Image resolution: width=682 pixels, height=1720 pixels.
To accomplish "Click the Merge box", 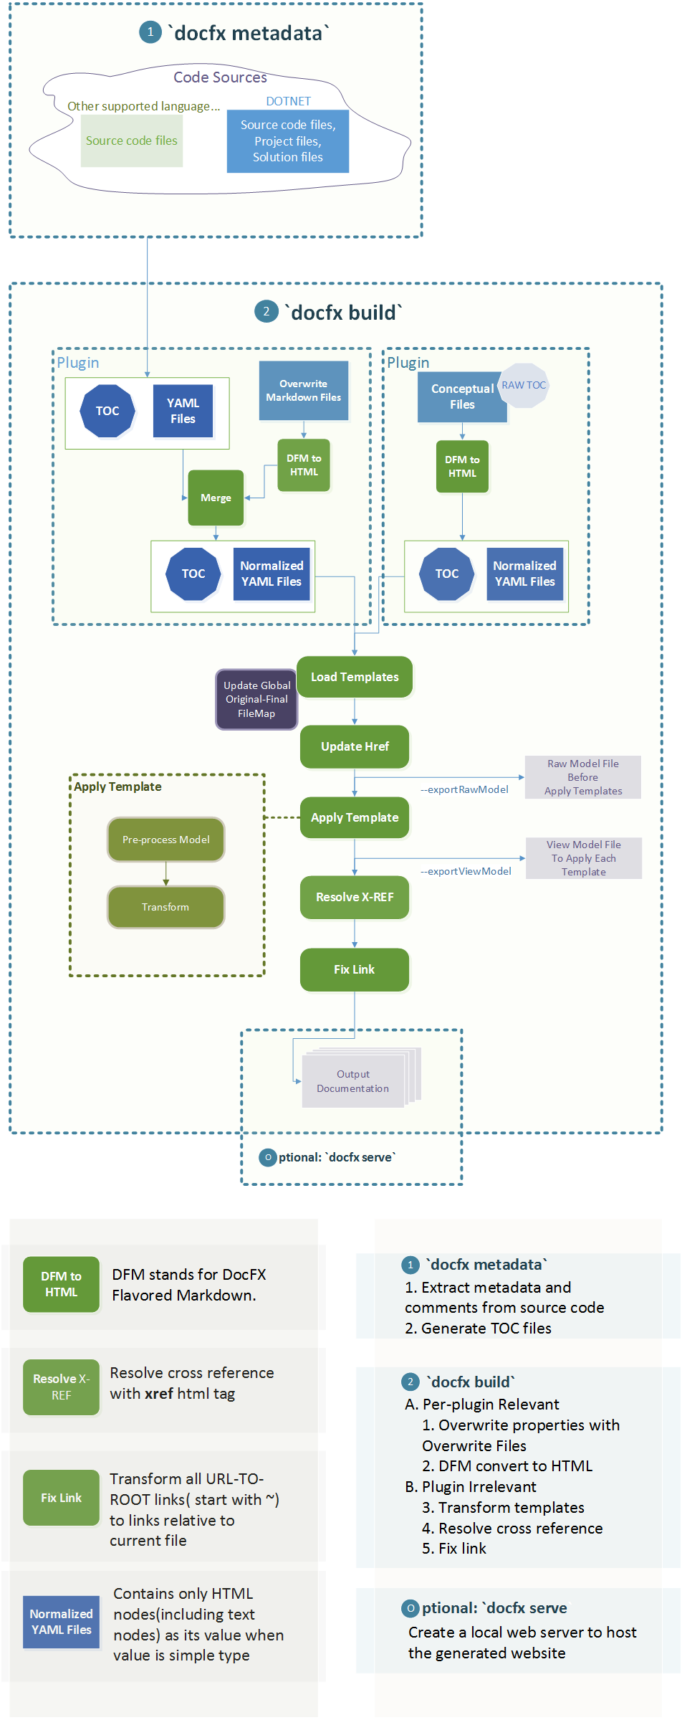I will [216, 498].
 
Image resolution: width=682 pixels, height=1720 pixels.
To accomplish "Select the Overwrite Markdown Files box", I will [303, 391].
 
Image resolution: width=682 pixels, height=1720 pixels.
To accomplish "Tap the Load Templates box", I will [355, 677].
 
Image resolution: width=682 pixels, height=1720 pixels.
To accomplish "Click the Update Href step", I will [355, 746].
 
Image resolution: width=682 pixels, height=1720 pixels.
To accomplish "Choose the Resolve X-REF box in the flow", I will [355, 897].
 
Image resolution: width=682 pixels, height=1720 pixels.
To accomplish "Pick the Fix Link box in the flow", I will [355, 969].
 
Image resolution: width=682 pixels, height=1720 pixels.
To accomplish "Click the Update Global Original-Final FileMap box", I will [256, 699].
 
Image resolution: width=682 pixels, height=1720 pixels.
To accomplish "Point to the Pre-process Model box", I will [165, 840].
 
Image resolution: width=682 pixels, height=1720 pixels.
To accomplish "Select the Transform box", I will [165, 907].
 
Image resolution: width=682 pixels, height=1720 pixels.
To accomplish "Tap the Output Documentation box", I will [353, 1081].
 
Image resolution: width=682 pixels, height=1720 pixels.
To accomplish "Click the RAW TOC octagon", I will [524, 385].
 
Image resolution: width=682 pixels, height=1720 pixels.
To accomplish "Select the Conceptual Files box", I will [462, 397].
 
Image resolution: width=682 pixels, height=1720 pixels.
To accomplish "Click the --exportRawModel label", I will [464, 789].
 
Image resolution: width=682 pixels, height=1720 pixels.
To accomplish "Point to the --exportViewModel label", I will [466, 871].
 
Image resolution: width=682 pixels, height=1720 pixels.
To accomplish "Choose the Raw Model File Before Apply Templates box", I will [582, 777].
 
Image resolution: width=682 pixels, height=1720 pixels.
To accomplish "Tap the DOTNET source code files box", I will [288, 141].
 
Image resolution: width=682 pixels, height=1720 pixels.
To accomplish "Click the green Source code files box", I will [132, 141].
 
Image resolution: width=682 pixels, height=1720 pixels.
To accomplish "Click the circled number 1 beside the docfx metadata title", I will [150, 32].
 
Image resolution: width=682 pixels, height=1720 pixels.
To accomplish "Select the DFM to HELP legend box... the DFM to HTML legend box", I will [61, 1284].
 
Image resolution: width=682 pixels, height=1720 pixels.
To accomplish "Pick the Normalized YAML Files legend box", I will [61, 1621].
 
